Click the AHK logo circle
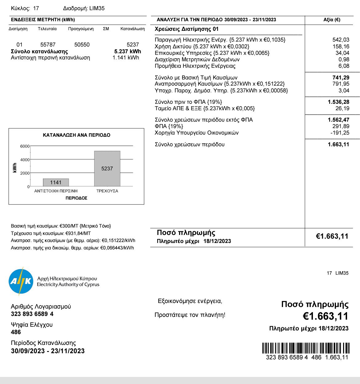[x=21, y=281]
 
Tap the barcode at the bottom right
[x=306, y=348]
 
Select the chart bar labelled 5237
[x=107, y=168]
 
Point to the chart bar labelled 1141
[x=56, y=182]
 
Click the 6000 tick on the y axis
[x=25, y=146]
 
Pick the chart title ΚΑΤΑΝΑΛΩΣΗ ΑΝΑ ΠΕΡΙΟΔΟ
[x=77, y=135]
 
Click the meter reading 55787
[x=48, y=45]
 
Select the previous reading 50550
[x=82, y=45]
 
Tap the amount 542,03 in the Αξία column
[x=341, y=40]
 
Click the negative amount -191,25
[x=340, y=133]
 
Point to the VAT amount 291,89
[x=341, y=126]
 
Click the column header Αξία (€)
[x=332, y=20]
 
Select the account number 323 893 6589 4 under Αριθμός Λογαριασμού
[x=32, y=314]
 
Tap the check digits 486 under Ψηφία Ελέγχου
[x=16, y=332]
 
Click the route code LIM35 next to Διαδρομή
[x=97, y=8]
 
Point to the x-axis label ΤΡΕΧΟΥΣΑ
[x=107, y=191]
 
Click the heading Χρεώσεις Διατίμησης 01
[x=186, y=29]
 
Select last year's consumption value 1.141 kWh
[x=126, y=58]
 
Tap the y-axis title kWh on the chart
[x=15, y=168]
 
